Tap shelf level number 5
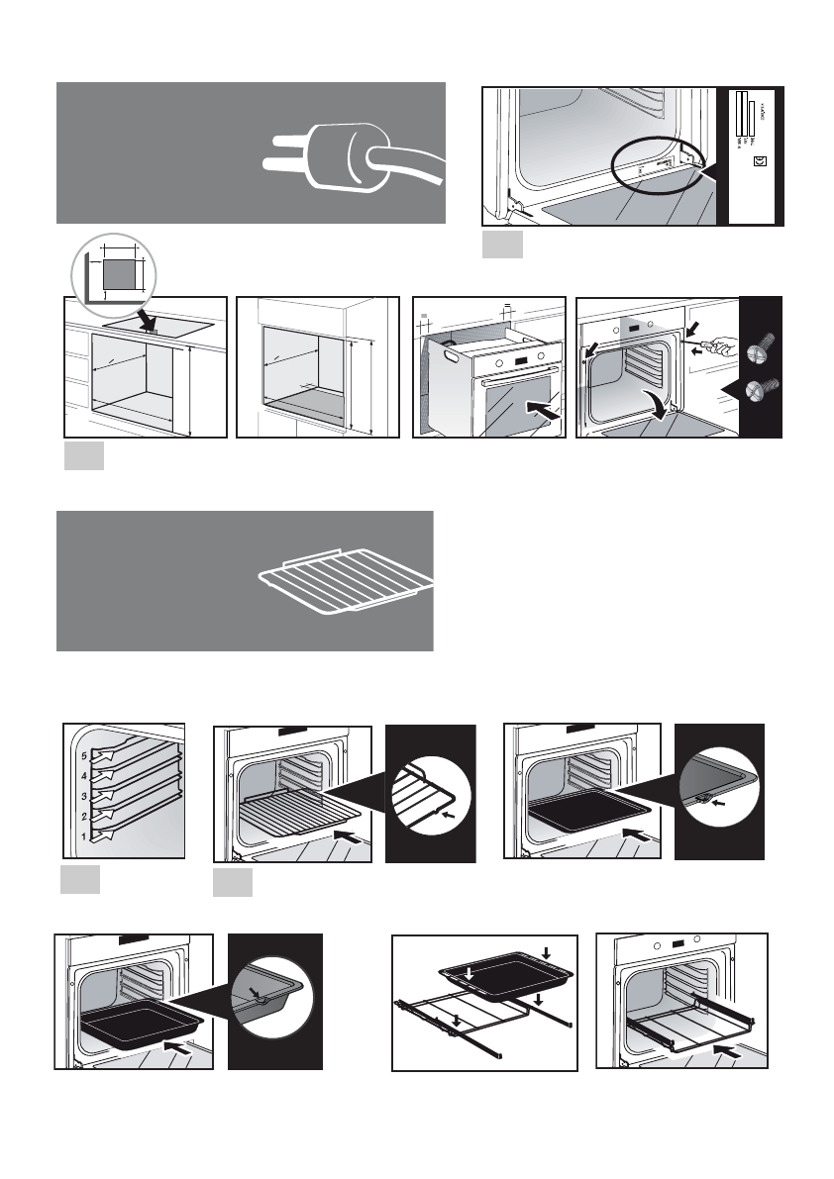click(84, 754)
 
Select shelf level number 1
click(84, 836)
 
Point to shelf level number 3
click(84, 796)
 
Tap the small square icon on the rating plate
click(758, 161)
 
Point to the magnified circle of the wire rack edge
click(428, 792)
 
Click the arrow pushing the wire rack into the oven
click(347, 837)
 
